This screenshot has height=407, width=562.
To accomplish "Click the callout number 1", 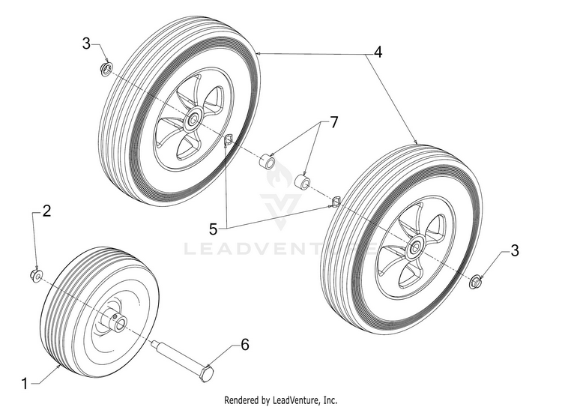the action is pos(25,384).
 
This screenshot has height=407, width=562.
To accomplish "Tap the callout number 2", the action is pos(46,211).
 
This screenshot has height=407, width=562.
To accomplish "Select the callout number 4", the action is pos(378,52).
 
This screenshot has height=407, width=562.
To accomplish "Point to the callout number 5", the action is pos(214,229).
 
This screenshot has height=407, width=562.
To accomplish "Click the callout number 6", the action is pos(245,345).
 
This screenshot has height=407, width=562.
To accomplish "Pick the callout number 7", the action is pos(334,122).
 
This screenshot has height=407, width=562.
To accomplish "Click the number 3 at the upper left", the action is pos(86,44).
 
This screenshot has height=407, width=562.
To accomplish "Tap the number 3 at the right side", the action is pos(514,250).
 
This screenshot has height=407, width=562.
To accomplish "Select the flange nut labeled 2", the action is pos(36,275).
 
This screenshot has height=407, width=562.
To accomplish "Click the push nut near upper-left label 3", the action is pos(107,69).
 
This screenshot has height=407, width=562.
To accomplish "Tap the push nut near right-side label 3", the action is pos(475,281).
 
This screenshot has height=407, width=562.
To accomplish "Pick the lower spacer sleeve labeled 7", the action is pos(303,181).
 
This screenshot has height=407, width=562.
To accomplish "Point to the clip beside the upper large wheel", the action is pos(228,139).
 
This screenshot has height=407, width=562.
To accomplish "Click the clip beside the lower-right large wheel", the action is pos(336,202).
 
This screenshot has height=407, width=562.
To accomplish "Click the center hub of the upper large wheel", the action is pos(193,118).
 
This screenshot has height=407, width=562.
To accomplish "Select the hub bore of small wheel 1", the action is pos(120,324).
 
